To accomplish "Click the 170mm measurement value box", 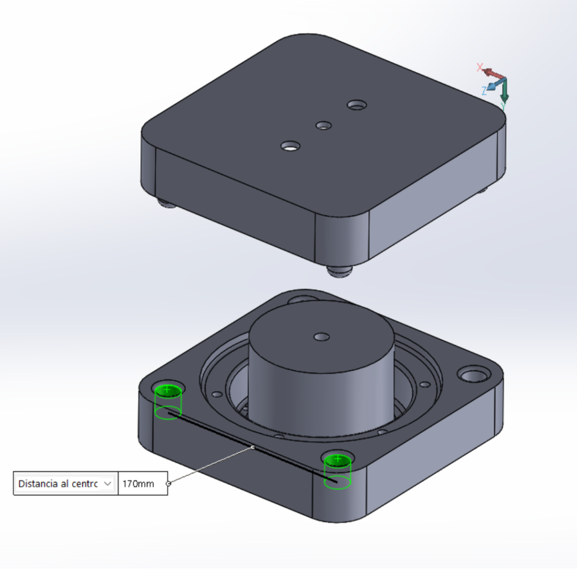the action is (x=143, y=483).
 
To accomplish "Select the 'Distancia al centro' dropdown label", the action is (x=58, y=483).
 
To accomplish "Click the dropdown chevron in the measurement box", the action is (x=108, y=483).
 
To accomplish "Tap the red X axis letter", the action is (x=480, y=67).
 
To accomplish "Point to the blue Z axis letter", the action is (x=484, y=91).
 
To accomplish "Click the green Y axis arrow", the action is (x=504, y=91).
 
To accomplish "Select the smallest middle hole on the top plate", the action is (x=323, y=126).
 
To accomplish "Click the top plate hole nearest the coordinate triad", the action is (x=357, y=105).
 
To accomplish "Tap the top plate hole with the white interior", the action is (x=290, y=146).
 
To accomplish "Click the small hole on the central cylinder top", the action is (x=322, y=337).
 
